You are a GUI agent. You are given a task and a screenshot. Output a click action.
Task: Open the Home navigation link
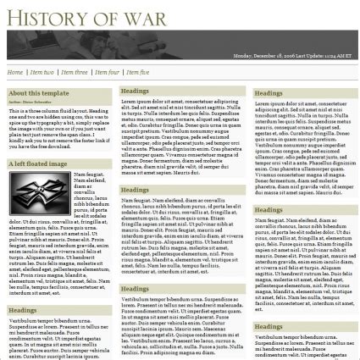pos(15,73)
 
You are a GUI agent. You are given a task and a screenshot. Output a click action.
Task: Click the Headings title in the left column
pos(23,311)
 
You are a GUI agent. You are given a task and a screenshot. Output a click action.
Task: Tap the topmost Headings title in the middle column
pos(136,90)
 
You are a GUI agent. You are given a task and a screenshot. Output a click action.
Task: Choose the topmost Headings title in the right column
pos(269,93)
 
